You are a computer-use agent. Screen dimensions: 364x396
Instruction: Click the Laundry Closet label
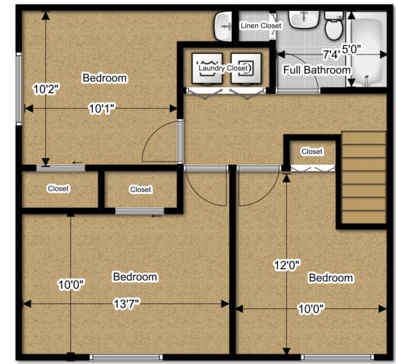[x=224, y=68]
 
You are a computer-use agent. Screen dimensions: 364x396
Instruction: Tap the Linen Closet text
[x=261, y=26]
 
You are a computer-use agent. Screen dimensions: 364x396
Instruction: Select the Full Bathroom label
[x=317, y=70]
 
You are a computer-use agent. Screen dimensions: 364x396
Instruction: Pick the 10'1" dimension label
[x=101, y=108]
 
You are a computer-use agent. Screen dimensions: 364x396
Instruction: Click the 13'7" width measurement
[x=126, y=303]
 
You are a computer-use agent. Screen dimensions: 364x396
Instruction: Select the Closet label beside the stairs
[x=312, y=151]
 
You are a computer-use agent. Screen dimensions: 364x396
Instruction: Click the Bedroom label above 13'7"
[x=135, y=277]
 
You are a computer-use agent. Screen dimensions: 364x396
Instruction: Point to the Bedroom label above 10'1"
[x=104, y=78]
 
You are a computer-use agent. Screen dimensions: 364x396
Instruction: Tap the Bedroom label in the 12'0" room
[x=331, y=278]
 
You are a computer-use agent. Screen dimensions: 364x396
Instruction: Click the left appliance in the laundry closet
[x=207, y=68]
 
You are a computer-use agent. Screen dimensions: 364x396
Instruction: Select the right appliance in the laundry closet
[x=245, y=68]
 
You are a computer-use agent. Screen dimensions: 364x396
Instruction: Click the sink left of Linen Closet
[x=224, y=26]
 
